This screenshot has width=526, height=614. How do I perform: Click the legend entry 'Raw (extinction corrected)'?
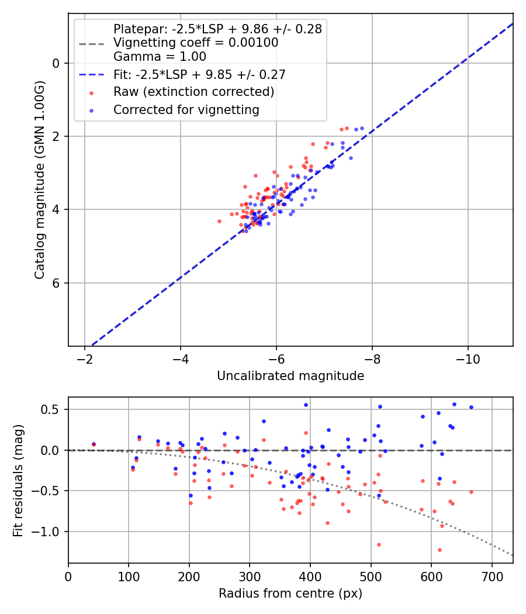click(x=193, y=92)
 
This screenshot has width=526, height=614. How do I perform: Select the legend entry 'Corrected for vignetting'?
click(x=186, y=109)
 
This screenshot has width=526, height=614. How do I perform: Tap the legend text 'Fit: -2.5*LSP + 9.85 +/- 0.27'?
click(x=199, y=74)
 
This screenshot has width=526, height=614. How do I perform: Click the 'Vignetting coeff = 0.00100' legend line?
click(x=196, y=43)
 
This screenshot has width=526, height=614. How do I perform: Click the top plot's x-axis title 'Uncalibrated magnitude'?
click(x=290, y=376)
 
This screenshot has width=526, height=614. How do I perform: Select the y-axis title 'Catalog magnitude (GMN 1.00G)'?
click(x=39, y=179)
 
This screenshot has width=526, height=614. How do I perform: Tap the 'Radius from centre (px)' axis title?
click(x=290, y=594)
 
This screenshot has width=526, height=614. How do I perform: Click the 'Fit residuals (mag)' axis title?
click(x=18, y=480)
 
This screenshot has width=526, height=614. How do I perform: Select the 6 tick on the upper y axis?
click(x=56, y=283)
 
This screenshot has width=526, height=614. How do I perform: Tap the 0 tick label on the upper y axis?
click(x=56, y=63)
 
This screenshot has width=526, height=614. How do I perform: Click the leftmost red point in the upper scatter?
click(x=219, y=221)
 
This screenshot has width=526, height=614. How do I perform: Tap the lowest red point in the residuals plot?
click(x=440, y=550)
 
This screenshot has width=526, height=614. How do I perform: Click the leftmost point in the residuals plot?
click(x=94, y=444)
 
